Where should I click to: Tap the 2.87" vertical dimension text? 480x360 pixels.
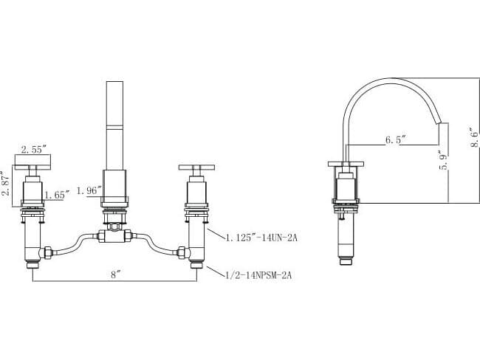(7, 181)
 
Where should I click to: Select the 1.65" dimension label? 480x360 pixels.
(56, 195)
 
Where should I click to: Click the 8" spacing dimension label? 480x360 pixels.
(114, 274)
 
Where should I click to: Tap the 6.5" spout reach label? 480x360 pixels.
(396, 139)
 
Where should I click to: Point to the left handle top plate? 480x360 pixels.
(33, 163)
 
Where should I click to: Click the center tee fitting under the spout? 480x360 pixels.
(114, 236)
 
